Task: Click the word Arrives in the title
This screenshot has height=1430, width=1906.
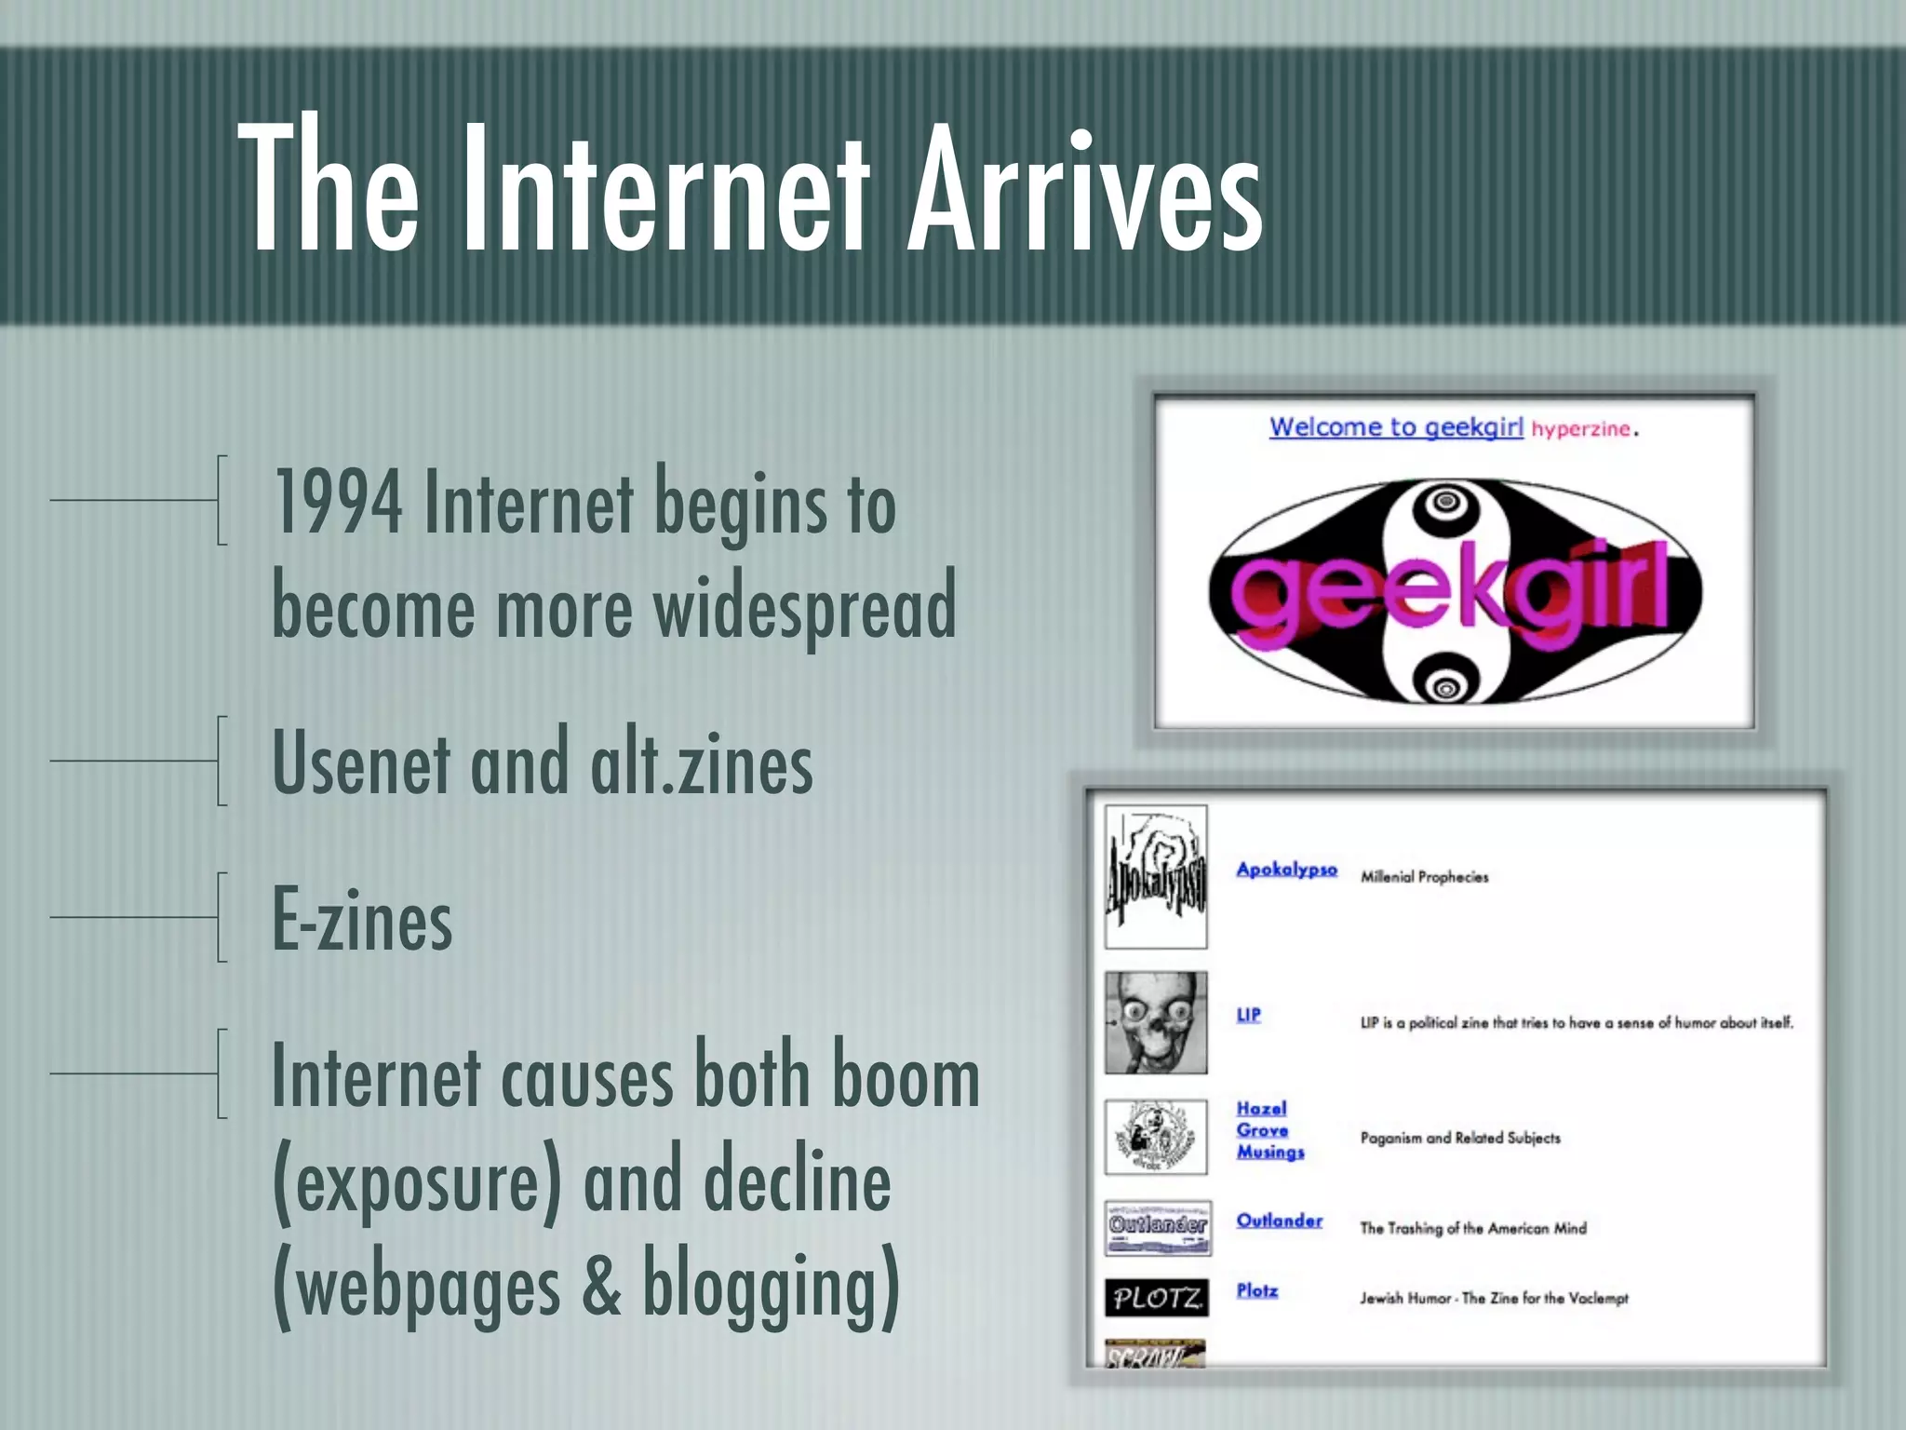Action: point(1084,191)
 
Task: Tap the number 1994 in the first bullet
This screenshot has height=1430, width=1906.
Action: point(337,504)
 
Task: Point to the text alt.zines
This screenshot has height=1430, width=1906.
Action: point(701,763)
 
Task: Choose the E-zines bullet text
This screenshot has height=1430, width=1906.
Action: point(362,920)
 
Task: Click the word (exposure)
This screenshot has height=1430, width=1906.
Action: point(417,1180)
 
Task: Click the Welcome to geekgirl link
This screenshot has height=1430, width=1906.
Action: point(1395,427)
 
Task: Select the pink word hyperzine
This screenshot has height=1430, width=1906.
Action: point(1580,429)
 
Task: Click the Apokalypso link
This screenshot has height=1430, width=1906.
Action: point(1286,870)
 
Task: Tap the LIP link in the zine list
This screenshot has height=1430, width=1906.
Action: point(1248,1015)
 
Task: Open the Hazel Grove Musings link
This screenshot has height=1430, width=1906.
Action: point(1268,1130)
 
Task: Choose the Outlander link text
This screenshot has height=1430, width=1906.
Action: point(1279,1221)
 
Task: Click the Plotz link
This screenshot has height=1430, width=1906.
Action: point(1256,1290)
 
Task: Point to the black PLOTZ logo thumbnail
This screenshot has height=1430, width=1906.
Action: point(1157,1297)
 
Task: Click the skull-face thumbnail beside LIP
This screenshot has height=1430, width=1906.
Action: point(1156,1022)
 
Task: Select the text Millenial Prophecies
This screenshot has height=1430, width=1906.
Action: point(1424,877)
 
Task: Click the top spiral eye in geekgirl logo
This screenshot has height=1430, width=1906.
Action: point(1445,502)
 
